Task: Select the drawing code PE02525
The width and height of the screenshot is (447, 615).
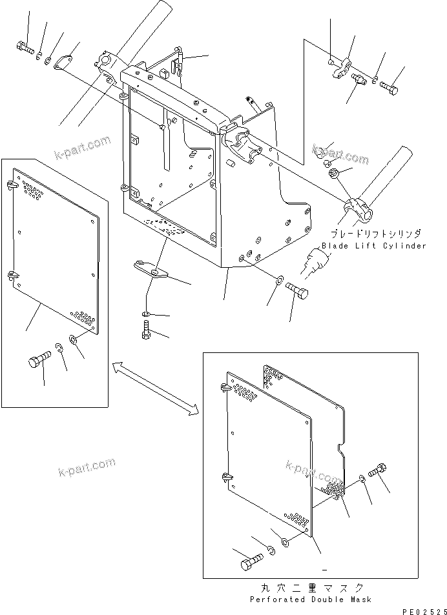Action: [x=424, y=610]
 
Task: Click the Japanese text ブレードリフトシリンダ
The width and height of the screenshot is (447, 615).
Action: [x=376, y=234]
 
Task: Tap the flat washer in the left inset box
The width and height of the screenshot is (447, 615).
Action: [x=72, y=339]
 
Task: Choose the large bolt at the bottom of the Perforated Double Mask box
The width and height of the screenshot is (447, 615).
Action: [x=251, y=563]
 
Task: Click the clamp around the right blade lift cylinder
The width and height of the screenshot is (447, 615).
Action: [x=357, y=209]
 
